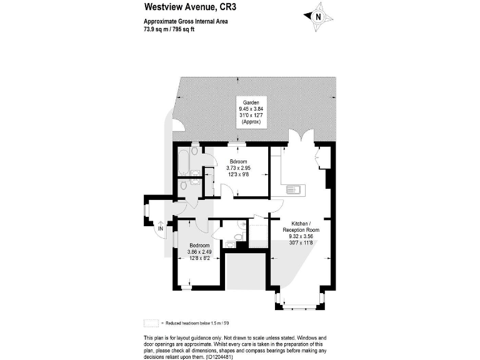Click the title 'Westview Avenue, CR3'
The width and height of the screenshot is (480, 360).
[x=182, y=7]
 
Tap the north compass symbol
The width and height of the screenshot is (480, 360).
[x=317, y=17]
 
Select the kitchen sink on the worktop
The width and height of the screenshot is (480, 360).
[x=294, y=189]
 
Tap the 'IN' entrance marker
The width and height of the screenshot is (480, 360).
[x=160, y=229]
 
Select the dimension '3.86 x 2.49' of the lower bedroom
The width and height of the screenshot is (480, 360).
[x=201, y=252]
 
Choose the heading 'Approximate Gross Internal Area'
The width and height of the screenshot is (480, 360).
[x=186, y=21]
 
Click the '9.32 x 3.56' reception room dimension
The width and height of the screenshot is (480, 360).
[x=303, y=237]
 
